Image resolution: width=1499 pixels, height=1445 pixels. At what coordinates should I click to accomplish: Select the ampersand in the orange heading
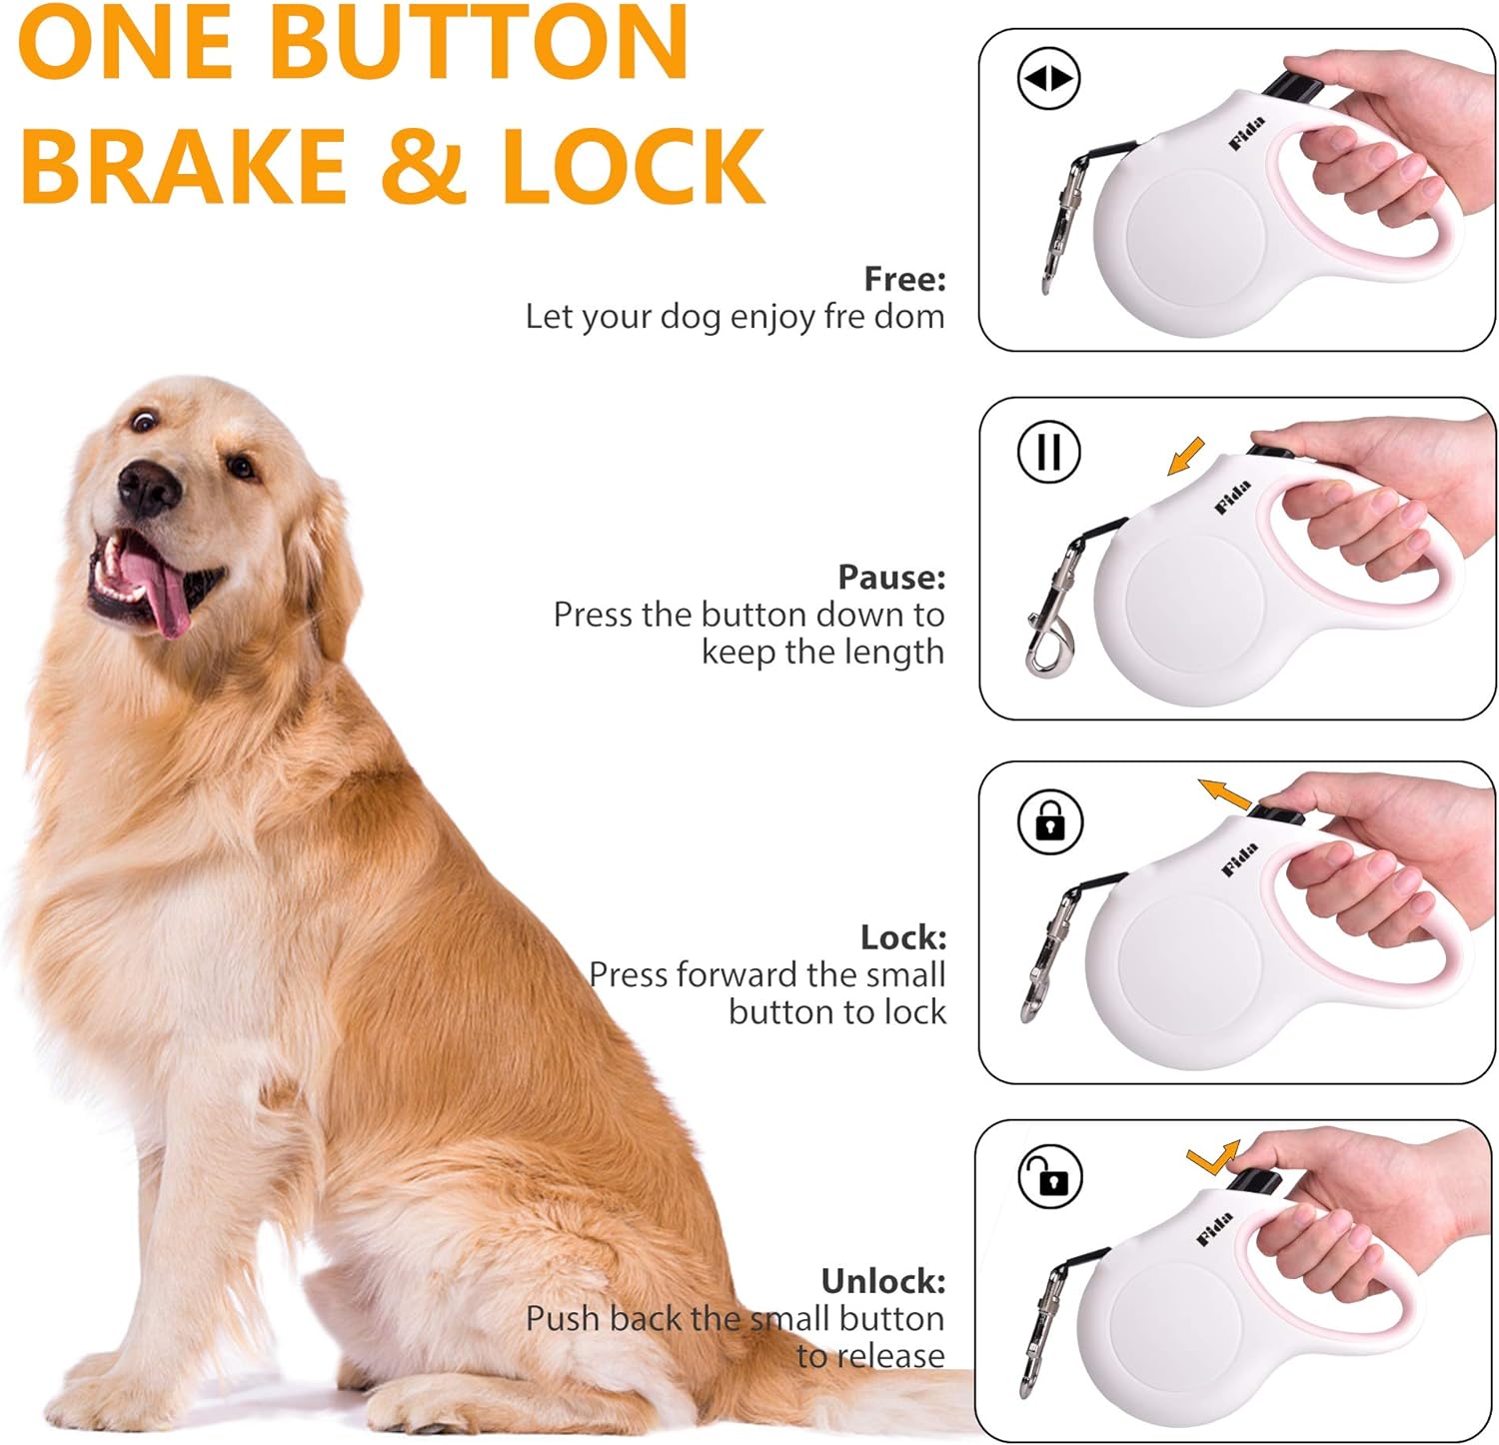point(424,165)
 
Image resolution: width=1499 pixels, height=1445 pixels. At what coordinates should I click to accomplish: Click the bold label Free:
point(904,279)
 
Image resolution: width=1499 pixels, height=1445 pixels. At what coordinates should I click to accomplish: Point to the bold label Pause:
point(891,577)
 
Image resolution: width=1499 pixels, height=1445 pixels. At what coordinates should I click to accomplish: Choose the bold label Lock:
point(903,936)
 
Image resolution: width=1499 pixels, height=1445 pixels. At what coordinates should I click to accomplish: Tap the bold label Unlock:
point(883,1280)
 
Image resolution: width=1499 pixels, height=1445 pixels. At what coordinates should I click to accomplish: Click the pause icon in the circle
point(1048,452)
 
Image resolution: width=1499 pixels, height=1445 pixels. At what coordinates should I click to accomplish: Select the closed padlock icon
point(1049,821)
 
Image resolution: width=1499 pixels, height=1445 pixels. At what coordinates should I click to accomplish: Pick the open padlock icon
point(1049,1177)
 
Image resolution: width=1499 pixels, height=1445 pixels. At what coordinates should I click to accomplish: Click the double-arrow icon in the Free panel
point(1048,78)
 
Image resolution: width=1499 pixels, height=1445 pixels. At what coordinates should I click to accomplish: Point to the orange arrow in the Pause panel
point(1186,457)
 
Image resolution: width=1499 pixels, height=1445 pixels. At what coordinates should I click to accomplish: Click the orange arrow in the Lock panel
point(1224,794)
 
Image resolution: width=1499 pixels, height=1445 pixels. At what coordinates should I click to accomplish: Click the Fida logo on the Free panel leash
point(1247,133)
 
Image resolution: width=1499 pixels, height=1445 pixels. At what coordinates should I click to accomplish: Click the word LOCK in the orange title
point(634,165)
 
